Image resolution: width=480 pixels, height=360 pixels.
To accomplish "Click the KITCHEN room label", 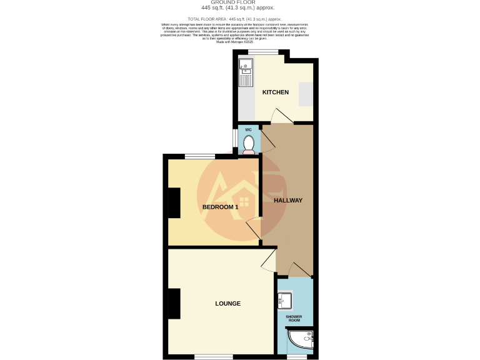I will [275, 92].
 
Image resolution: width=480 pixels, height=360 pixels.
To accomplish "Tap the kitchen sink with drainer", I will [246, 72].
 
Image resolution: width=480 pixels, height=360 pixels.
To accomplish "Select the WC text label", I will [248, 129].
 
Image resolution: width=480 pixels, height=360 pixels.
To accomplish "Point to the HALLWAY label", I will [287, 201].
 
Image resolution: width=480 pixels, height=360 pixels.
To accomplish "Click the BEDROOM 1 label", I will [220, 207].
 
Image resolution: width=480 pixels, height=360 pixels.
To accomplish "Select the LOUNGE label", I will [228, 304].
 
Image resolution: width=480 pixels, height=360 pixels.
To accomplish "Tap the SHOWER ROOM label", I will [294, 319].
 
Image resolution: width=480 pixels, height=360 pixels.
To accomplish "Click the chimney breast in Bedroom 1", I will [173, 203].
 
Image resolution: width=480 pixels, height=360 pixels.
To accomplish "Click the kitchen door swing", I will [279, 116].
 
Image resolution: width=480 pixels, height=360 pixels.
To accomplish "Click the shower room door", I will [300, 269].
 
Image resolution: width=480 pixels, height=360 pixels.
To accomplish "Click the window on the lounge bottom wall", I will [214, 357].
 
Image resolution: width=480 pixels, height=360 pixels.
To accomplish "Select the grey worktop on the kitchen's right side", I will [306, 94].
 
